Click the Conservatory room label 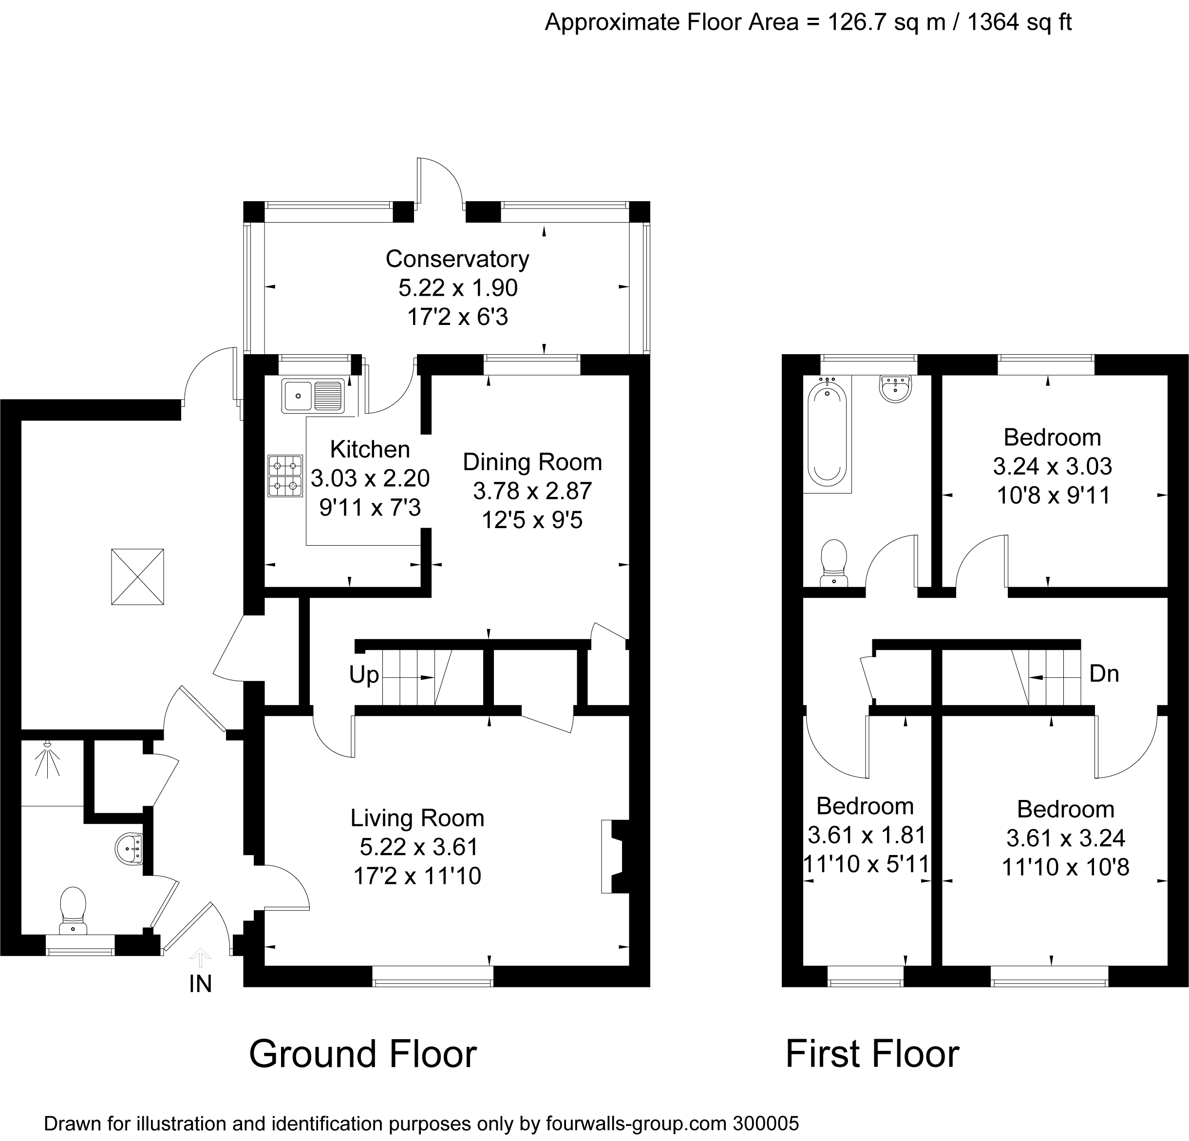point(457,259)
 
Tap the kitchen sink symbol point(312,396)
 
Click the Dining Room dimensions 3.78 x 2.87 point(532,491)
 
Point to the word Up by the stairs point(364,675)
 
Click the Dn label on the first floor point(1104,673)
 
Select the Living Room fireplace point(614,856)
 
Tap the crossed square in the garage point(138,577)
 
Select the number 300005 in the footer point(766,1123)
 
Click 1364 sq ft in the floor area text point(1019,22)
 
